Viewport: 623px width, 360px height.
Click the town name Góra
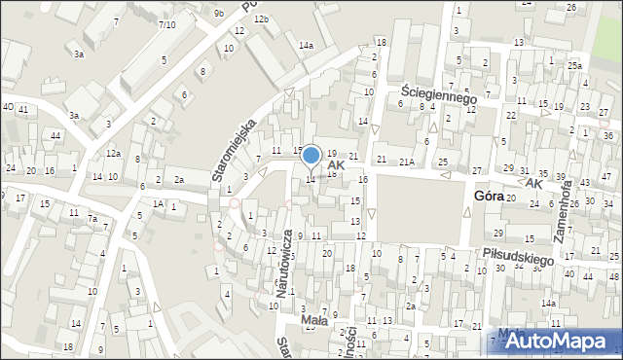click(x=489, y=196)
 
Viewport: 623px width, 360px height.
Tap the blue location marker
click(x=311, y=155)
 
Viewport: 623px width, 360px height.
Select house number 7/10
click(x=166, y=24)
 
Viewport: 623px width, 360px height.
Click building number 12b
click(x=261, y=19)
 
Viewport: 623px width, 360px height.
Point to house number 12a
click(x=114, y=153)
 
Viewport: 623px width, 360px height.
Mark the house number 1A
click(x=158, y=203)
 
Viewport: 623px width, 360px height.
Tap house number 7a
click(x=92, y=219)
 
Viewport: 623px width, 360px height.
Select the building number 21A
click(x=407, y=161)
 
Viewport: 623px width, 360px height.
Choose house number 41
click(x=23, y=108)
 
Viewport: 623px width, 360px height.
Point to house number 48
click(x=614, y=277)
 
